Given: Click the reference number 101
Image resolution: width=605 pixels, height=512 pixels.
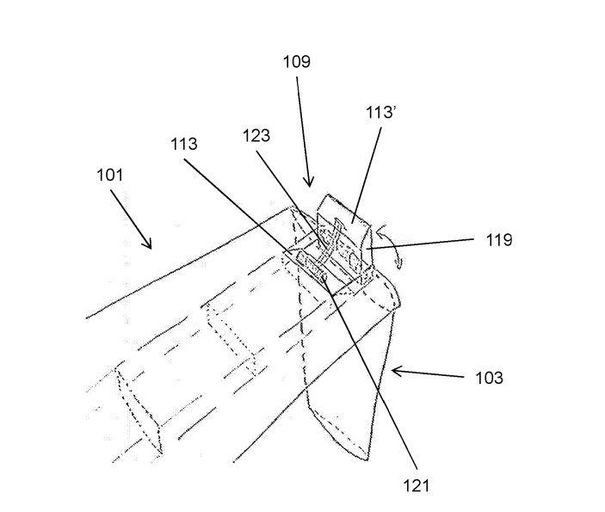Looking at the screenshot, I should tap(110, 176).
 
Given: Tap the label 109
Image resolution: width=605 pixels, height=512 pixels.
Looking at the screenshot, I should tap(296, 62).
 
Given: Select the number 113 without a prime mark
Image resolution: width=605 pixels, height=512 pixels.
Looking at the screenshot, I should tap(182, 144).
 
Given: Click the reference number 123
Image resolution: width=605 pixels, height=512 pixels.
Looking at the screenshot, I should tap(256, 135).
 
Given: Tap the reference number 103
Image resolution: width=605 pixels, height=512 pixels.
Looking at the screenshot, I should tap(489, 378).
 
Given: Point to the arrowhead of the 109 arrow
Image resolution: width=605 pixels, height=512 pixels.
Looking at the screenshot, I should tap(308, 183).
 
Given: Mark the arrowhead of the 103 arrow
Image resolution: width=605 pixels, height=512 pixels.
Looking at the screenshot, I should tap(394, 371).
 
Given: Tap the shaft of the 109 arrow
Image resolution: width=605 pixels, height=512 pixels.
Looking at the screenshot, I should tap(301, 129).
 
